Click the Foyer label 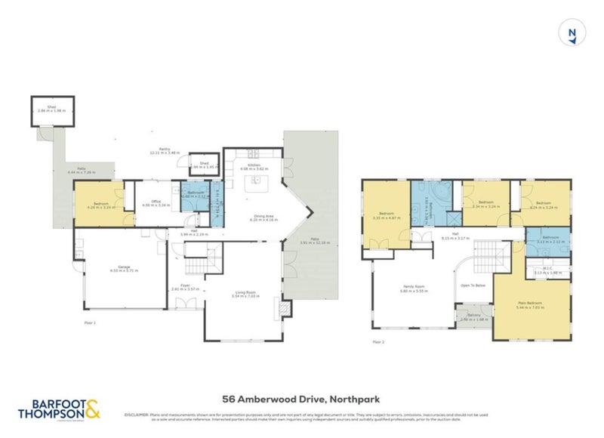[184, 287]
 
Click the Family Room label [414, 288]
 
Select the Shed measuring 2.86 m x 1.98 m [51, 110]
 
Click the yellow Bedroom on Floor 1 [101, 205]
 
